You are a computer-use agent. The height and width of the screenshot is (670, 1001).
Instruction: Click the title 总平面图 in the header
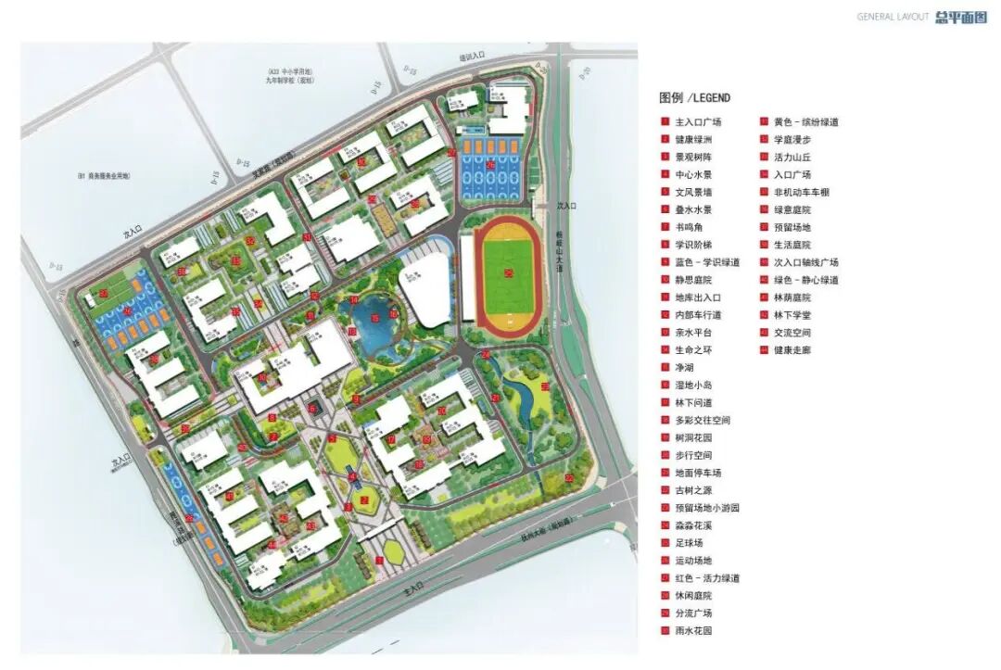(962, 17)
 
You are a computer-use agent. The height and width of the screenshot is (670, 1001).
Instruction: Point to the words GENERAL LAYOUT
(893, 17)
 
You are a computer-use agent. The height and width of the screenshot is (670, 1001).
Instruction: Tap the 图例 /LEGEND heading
(694, 97)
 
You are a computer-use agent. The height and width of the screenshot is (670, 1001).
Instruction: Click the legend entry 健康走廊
(792, 350)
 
